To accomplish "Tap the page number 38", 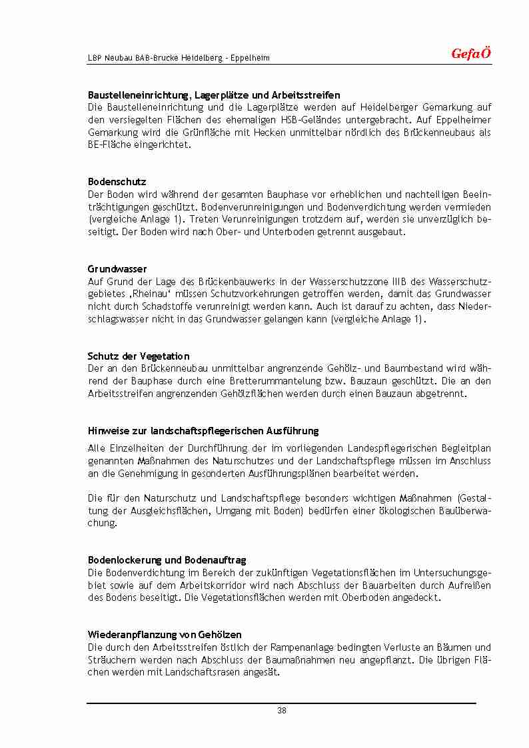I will click(281, 711).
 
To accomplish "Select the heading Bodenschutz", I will click(117, 182).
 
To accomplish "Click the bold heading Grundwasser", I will click(117, 269).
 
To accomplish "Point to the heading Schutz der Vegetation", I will click(139, 356).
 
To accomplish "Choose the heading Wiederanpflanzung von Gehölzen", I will click(165, 635).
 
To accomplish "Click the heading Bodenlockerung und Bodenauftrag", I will click(167, 560).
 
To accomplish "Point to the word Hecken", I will click(267, 133).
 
